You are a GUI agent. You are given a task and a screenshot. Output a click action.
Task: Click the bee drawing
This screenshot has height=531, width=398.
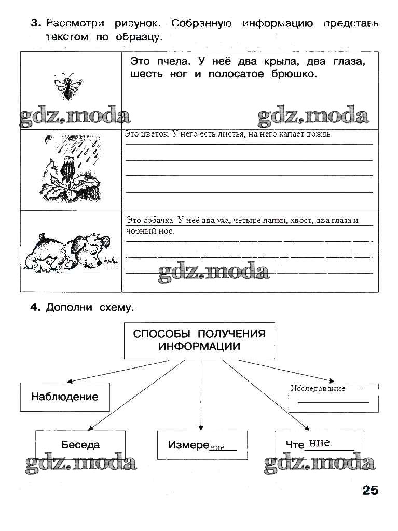[x=66, y=86]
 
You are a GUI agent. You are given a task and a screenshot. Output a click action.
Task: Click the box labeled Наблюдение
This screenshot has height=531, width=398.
[x=65, y=397]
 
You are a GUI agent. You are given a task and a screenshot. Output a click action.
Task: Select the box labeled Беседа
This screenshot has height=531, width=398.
[x=80, y=445]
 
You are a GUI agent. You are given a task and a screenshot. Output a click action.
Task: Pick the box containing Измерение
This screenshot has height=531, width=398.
[x=202, y=445]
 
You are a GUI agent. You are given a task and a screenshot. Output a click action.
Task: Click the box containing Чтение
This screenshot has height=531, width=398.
[x=319, y=445]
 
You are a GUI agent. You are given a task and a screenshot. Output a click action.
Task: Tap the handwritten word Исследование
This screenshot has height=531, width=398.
[x=318, y=388]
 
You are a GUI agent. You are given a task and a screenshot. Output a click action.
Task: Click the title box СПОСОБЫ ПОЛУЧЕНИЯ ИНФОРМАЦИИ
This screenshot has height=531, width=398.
[x=199, y=341]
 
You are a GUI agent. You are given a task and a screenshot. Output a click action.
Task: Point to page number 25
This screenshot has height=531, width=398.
[x=370, y=490]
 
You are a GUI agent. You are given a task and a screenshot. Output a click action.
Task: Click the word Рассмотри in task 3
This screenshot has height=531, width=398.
[x=75, y=23]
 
